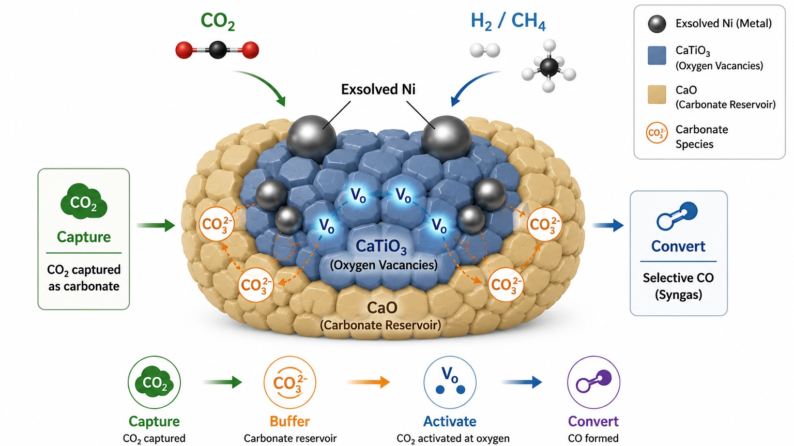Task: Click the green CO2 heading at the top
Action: pos(217,21)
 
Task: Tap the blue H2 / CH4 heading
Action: pos(508,21)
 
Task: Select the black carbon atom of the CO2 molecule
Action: pos(218,50)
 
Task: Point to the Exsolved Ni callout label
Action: pos(378,89)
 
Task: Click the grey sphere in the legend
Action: pos(657,24)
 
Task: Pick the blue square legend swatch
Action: pos(657,55)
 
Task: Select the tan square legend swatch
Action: pos(657,94)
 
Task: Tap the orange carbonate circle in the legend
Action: pos(657,133)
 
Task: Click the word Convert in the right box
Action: pos(678,246)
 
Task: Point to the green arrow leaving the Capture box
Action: pos(156,225)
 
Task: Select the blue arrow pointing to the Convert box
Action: pos(608,225)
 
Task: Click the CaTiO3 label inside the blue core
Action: pos(381,247)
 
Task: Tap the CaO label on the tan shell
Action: pos(381,308)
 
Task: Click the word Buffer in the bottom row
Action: pos(289,422)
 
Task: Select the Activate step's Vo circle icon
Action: pos(450,382)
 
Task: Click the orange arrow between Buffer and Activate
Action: pos(368,382)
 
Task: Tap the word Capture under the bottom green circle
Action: pos(154,422)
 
